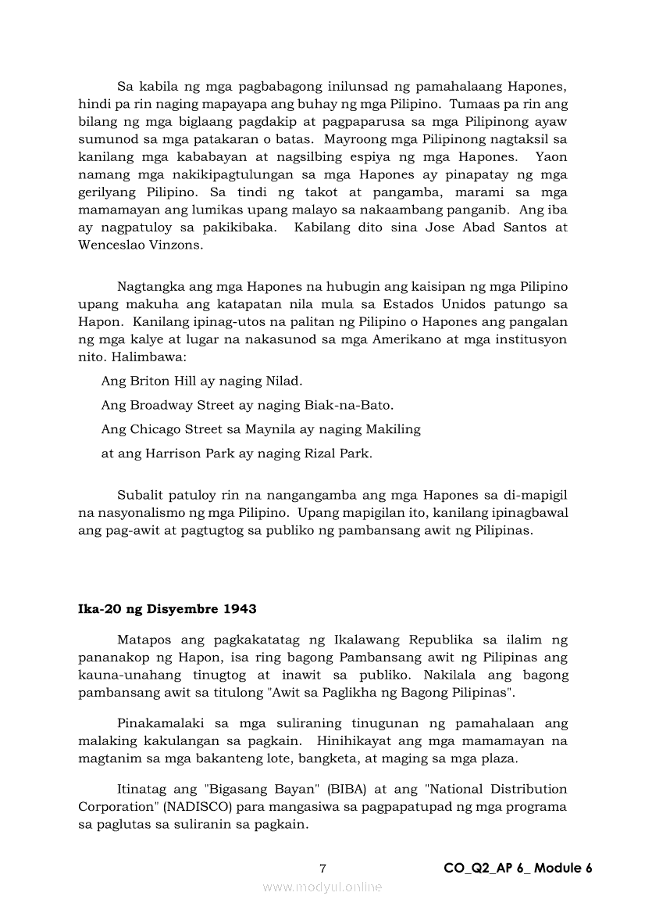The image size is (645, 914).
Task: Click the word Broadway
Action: [160, 406]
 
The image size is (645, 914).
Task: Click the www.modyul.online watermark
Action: [322, 887]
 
